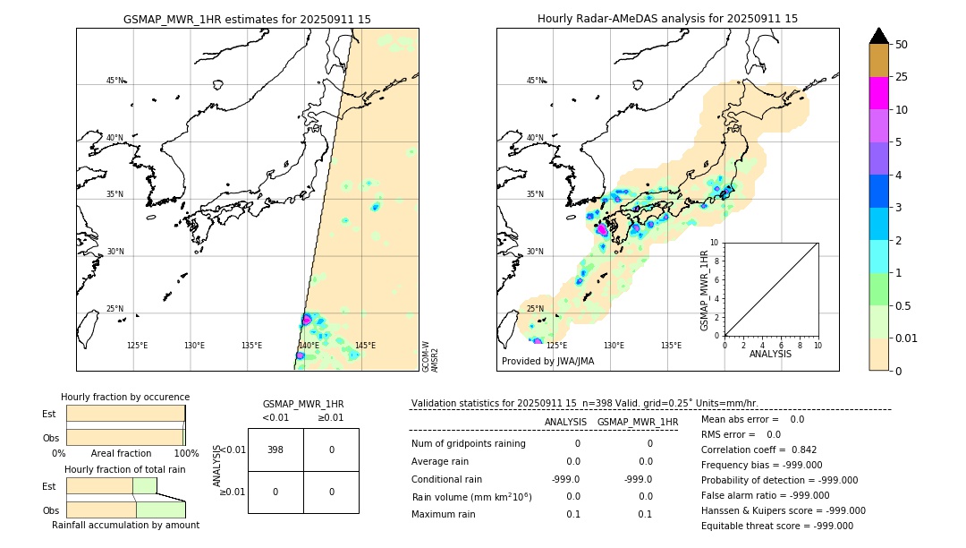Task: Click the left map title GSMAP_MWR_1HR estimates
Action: [x=247, y=19]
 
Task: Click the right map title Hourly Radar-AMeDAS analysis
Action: [x=667, y=19]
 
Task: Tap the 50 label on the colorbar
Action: [x=902, y=45]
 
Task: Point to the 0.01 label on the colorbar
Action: [x=907, y=338]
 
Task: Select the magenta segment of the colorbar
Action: [x=878, y=93]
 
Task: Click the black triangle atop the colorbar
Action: [x=878, y=36]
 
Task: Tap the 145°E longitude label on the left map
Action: [x=365, y=346]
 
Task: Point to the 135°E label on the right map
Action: [x=671, y=346]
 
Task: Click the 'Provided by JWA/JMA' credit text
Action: [x=547, y=362]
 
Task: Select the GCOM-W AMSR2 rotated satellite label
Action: [x=430, y=355]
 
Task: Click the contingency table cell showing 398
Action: [x=275, y=450]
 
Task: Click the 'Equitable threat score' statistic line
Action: [x=776, y=526]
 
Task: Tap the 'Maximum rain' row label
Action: [x=445, y=514]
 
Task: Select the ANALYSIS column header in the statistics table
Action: [x=565, y=422]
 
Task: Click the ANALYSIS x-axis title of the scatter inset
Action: [x=771, y=354]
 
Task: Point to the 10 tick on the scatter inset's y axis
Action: [x=714, y=243]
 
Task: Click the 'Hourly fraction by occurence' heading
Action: [x=125, y=397]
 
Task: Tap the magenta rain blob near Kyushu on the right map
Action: [x=602, y=230]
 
